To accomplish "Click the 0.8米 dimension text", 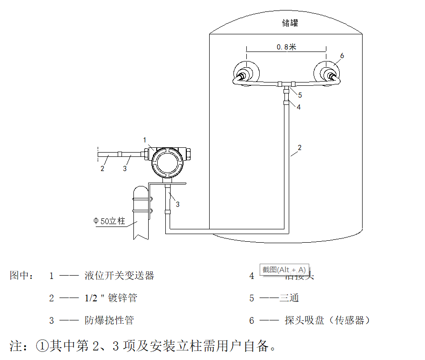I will pos(286,47).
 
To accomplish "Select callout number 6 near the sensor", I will pos(342,56).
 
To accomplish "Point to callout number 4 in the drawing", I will pos(299,107).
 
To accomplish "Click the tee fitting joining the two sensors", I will pos(285,85).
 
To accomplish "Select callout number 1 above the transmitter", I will pos(145,140).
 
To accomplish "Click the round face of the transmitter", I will pos(166,163).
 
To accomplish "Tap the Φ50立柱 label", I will pos(109,221).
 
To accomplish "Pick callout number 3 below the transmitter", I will pos(178,204).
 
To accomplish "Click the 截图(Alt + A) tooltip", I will pos(284,269).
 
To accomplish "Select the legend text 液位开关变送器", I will pos(120,276).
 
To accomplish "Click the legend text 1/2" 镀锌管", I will pos(111,298).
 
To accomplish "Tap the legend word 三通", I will pos(289,298).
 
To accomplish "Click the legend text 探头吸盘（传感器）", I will pos(327,320).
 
